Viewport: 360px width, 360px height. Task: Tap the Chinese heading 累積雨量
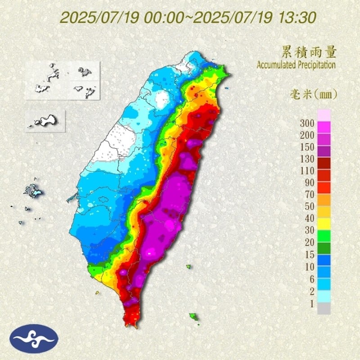309,52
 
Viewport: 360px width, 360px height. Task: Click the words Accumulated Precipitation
296,65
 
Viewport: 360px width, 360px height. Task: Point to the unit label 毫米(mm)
312,94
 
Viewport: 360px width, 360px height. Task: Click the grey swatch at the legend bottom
324,308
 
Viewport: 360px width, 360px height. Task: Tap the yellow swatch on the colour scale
324,224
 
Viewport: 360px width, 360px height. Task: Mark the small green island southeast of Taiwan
194,317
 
